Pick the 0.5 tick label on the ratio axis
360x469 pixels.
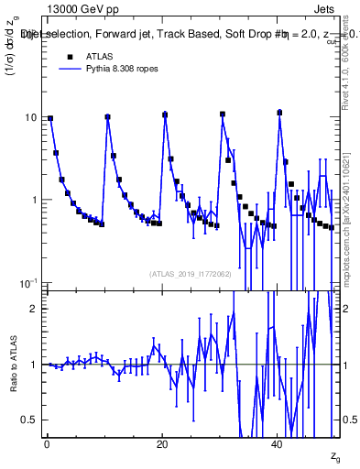[30, 420]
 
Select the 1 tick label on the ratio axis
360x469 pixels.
[35, 365]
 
